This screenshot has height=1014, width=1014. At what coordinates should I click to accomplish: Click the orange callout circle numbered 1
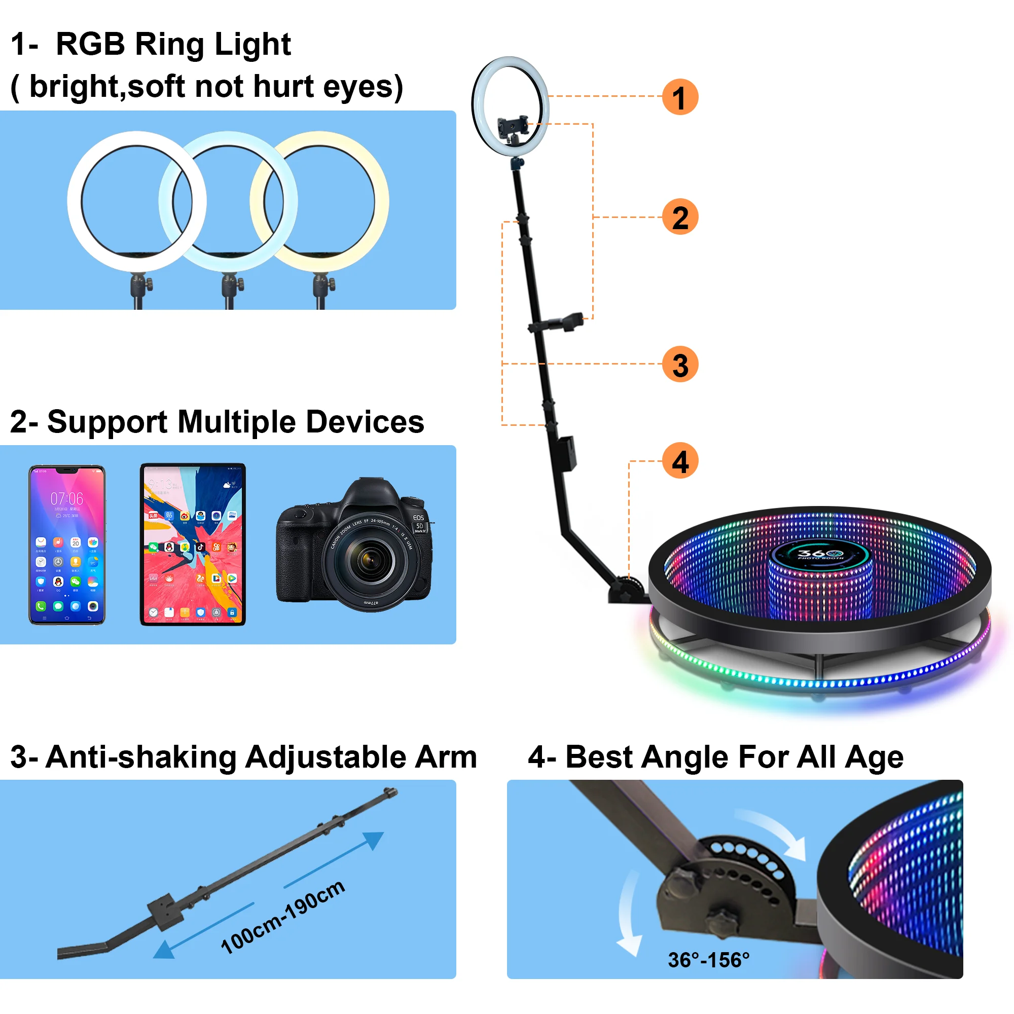pyautogui.click(x=680, y=97)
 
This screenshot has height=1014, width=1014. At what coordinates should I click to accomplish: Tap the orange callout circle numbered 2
pyautogui.click(x=680, y=217)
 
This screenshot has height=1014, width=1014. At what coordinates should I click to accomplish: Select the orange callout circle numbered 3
pyautogui.click(x=680, y=364)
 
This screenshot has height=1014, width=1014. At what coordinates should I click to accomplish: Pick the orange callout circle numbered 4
pyautogui.click(x=680, y=461)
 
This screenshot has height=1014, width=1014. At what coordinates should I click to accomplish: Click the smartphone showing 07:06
pyautogui.click(x=66, y=545)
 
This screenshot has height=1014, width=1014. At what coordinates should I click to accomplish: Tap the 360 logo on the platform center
pyautogui.click(x=820, y=554)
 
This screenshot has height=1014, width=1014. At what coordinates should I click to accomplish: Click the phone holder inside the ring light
pyautogui.click(x=512, y=126)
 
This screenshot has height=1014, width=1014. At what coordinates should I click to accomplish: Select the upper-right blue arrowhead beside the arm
pyautogui.click(x=374, y=840)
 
